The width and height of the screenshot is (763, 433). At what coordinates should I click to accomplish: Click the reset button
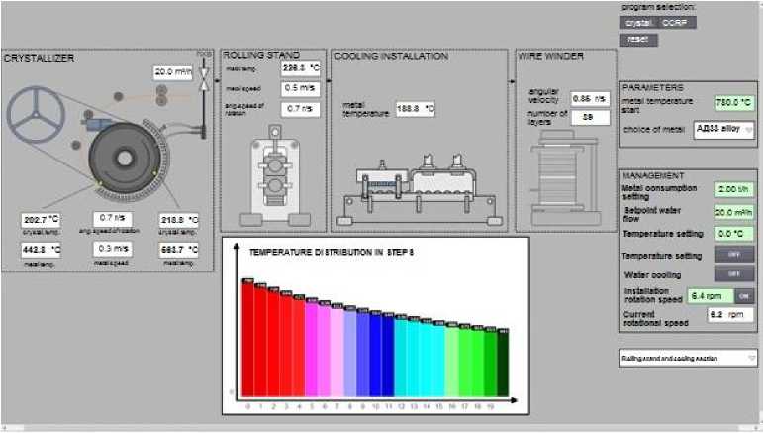(x=638, y=39)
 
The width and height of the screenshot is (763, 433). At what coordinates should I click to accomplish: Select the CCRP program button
(x=674, y=21)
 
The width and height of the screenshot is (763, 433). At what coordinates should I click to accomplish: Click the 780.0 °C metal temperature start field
(x=735, y=102)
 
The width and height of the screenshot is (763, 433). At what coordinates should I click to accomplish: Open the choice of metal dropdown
(x=723, y=128)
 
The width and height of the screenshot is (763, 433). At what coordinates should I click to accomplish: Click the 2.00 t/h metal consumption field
(x=733, y=188)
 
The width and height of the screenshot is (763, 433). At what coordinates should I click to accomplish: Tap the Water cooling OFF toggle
(x=734, y=273)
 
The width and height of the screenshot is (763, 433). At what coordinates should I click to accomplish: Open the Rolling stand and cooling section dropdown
(x=688, y=358)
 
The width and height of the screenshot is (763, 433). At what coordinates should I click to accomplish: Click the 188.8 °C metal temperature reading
(x=416, y=109)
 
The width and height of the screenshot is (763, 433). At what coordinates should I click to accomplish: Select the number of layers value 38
(x=588, y=117)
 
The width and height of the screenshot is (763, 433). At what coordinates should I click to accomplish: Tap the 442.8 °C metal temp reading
(x=41, y=250)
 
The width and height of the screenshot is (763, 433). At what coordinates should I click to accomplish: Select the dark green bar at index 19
(x=503, y=364)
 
